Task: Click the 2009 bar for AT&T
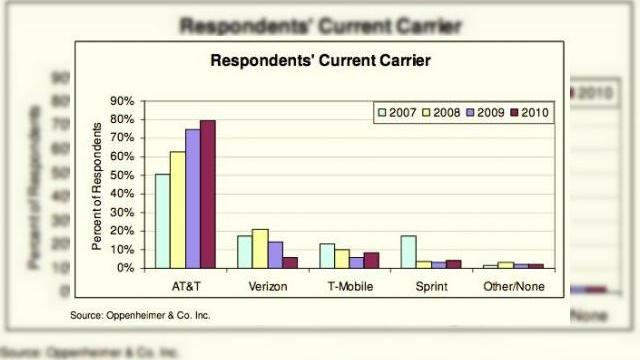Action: [192, 198]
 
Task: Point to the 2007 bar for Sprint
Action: [408, 251]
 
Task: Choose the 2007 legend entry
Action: [398, 111]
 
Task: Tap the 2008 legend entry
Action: [441, 111]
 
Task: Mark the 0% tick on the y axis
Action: [126, 268]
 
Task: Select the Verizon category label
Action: [268, 286]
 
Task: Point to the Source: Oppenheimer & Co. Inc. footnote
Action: [140, 315]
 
